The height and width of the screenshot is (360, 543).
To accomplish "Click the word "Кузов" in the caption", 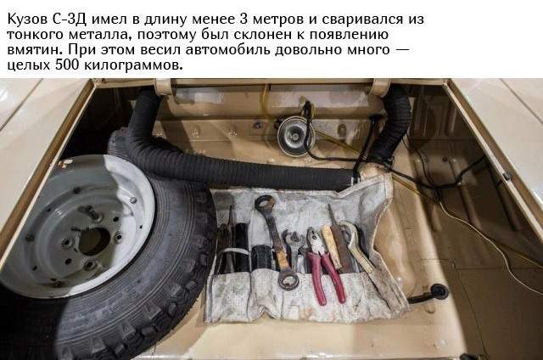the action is (28, 19).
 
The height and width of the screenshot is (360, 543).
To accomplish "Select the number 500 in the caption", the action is (68, 65).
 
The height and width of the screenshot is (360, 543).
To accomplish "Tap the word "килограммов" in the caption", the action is (133, 65).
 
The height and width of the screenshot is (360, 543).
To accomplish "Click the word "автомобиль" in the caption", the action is (228, 50).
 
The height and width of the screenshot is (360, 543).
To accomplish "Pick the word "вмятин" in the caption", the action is (36, 50).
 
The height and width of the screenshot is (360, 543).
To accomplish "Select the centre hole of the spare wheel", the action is (94, 241).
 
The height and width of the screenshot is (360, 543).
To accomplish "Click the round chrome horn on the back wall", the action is (295, 136).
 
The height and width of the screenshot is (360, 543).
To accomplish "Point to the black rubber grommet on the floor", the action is (438, 292).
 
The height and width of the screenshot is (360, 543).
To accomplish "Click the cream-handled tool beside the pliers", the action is (332, 247).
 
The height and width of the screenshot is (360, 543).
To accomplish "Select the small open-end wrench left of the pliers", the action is (293, 250).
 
